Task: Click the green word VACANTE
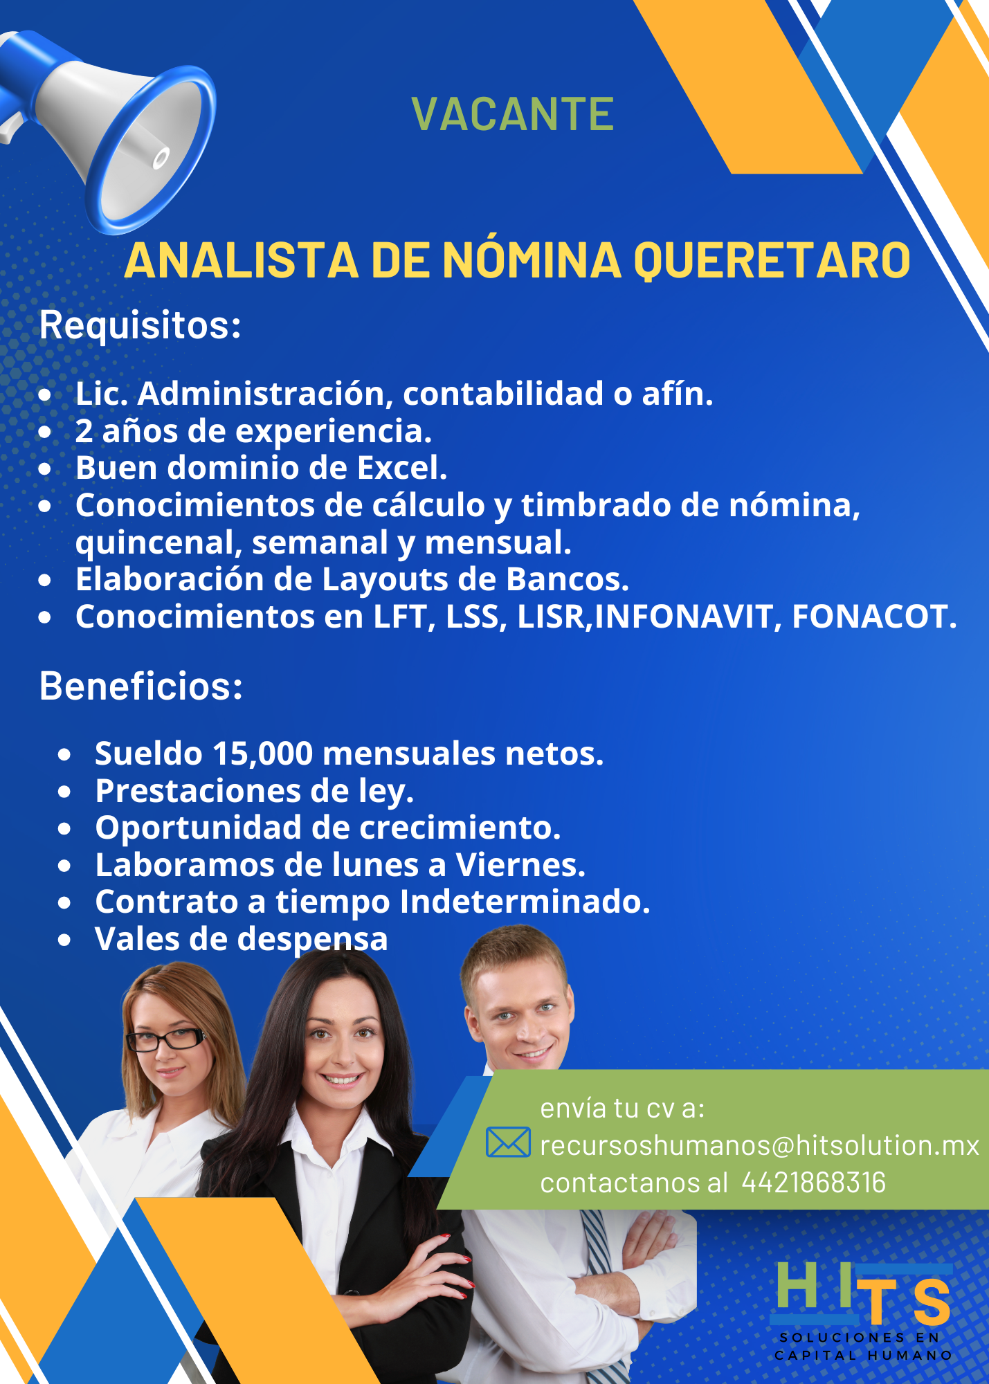[512, 114]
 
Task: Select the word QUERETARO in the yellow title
[772, 262]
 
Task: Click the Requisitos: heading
[140, 325]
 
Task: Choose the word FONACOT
[874, 617]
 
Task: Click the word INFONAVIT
[683, 617]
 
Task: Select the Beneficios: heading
[141, 686]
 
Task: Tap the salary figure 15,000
[263, 754]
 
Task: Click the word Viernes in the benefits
[520, 865]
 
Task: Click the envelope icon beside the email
[508, 1142]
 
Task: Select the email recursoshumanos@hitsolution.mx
[759, 1146]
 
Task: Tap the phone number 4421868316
[813, 1183]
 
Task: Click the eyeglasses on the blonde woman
[166, 1039]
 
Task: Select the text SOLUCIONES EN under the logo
[859, 1338]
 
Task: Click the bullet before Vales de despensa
[64, 940]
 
